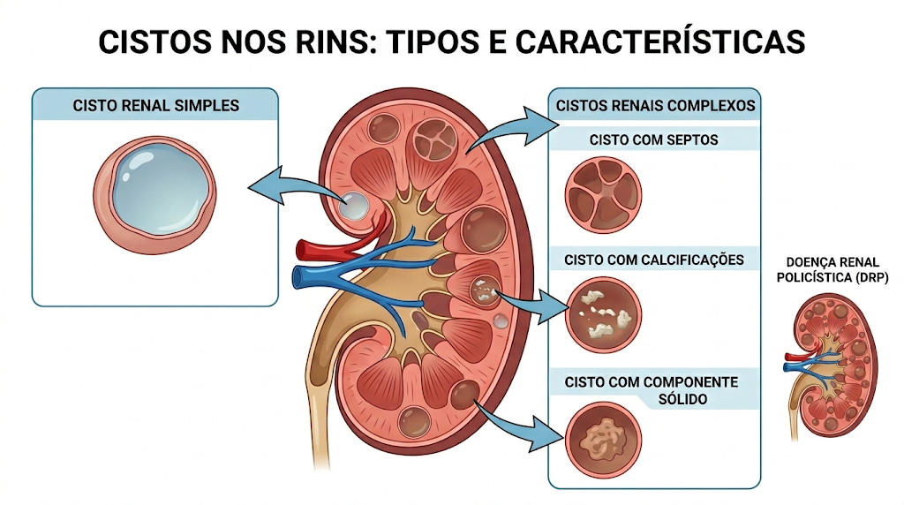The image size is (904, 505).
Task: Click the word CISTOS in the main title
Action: pyautogui.click(x=155, y=41)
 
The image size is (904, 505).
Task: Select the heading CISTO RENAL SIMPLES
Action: pyautogui.click(x=155, y=105)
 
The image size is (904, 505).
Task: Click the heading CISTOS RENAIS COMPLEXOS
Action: pyautogui.click(x=655, y=105)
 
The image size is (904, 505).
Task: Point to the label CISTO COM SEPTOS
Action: pyautogui.click(x=654, y=139)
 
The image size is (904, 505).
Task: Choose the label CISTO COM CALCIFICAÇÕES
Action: pyautogui.click(x=654, y=260)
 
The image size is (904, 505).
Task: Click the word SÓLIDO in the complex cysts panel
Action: pyautogui.click(x=682, y=399)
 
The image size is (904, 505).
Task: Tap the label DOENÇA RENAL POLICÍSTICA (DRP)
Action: pyautogui.click(x=832, y=270)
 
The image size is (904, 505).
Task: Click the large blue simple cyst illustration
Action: pyautogui.click(x=154, y=195)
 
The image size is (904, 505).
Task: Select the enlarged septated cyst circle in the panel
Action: pyautogui.click(x=603, y=195)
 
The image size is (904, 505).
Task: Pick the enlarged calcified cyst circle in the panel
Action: pyautogui.click(x=603, y=315)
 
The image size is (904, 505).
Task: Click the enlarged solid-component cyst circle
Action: pyautogui.click(x=603, y=440)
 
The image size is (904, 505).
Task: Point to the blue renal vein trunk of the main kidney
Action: pyautogui.click(x=323, y=276)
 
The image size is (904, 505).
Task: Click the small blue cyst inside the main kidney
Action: pyautogui.click(x=353, y=206)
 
